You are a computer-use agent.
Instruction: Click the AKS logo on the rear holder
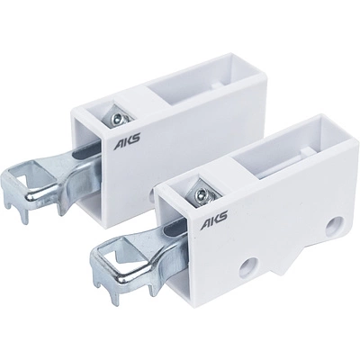point(127,142)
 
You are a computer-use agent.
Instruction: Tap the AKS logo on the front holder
point(214,220)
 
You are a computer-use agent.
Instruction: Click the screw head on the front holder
point(201,196)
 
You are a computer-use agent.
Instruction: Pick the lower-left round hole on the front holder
point(248,267)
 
